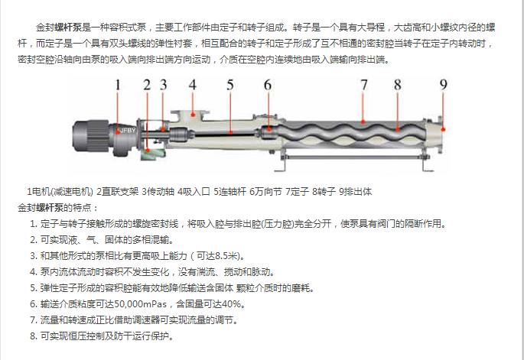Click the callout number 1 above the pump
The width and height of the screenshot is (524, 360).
pyautogui.click(x=117, y=85)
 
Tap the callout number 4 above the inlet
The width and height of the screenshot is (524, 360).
pyautogui.click(x=193, y=85)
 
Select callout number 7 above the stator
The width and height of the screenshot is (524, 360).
pyautogui.click(x=364, y=85)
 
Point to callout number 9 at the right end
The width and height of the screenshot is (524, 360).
pyautogui.click(x=443, y=85)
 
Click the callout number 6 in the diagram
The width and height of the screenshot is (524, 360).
pyautogui.click(x=267, y=85)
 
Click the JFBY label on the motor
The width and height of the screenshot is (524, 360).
pyautogui.click(x=128, y=130)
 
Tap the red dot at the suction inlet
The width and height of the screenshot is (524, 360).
pyautogui.click(x=193, y=115)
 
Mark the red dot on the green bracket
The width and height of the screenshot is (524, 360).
pyautogui.click(x=148, y=151)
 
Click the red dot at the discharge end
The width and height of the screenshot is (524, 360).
pyautogui.click(x=444, y=129)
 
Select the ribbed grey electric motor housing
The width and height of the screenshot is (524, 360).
pyautogui.click(x=91, y=137)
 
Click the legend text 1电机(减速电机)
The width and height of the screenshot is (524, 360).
pyautogui.click(x=60, y=192)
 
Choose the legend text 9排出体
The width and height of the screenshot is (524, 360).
pyautogui.click(x=355, y=192)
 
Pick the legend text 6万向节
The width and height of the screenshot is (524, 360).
pyautogui.click(x=265, y=192)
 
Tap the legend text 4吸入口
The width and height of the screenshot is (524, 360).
pyautogui.click(x=194, y=192)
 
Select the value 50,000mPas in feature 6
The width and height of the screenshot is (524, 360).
pyautogui.click(x=140, y=304)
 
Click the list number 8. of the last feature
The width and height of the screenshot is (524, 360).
pyautogui.click(x=34, y=336)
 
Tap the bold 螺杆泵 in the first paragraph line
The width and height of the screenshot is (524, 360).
pyautogui.click(x=68, y=28)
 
